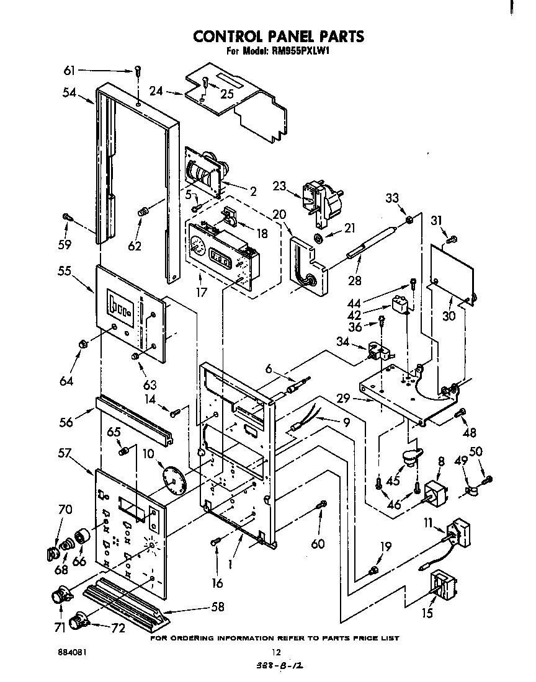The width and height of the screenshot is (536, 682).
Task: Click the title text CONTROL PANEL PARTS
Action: [x=279, y=37]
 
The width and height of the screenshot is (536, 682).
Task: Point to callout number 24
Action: [x=156, y=91]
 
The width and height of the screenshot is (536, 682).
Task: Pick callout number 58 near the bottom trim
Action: [x=217, y=606]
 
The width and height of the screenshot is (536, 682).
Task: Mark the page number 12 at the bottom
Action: [x=277, y=652]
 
